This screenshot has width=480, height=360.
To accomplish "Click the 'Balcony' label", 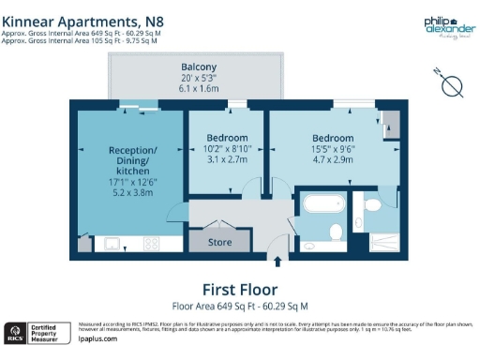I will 199,67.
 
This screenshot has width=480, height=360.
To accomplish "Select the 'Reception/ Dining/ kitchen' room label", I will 133,161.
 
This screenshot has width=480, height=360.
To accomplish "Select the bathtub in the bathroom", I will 323,208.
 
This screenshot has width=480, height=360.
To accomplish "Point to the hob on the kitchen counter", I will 150,244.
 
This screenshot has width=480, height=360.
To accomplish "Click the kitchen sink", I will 112,244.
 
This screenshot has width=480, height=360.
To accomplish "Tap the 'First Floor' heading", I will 239,289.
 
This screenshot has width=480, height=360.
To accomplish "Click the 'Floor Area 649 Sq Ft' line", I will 239,306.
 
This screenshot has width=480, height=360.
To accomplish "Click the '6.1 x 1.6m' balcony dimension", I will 199,89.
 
